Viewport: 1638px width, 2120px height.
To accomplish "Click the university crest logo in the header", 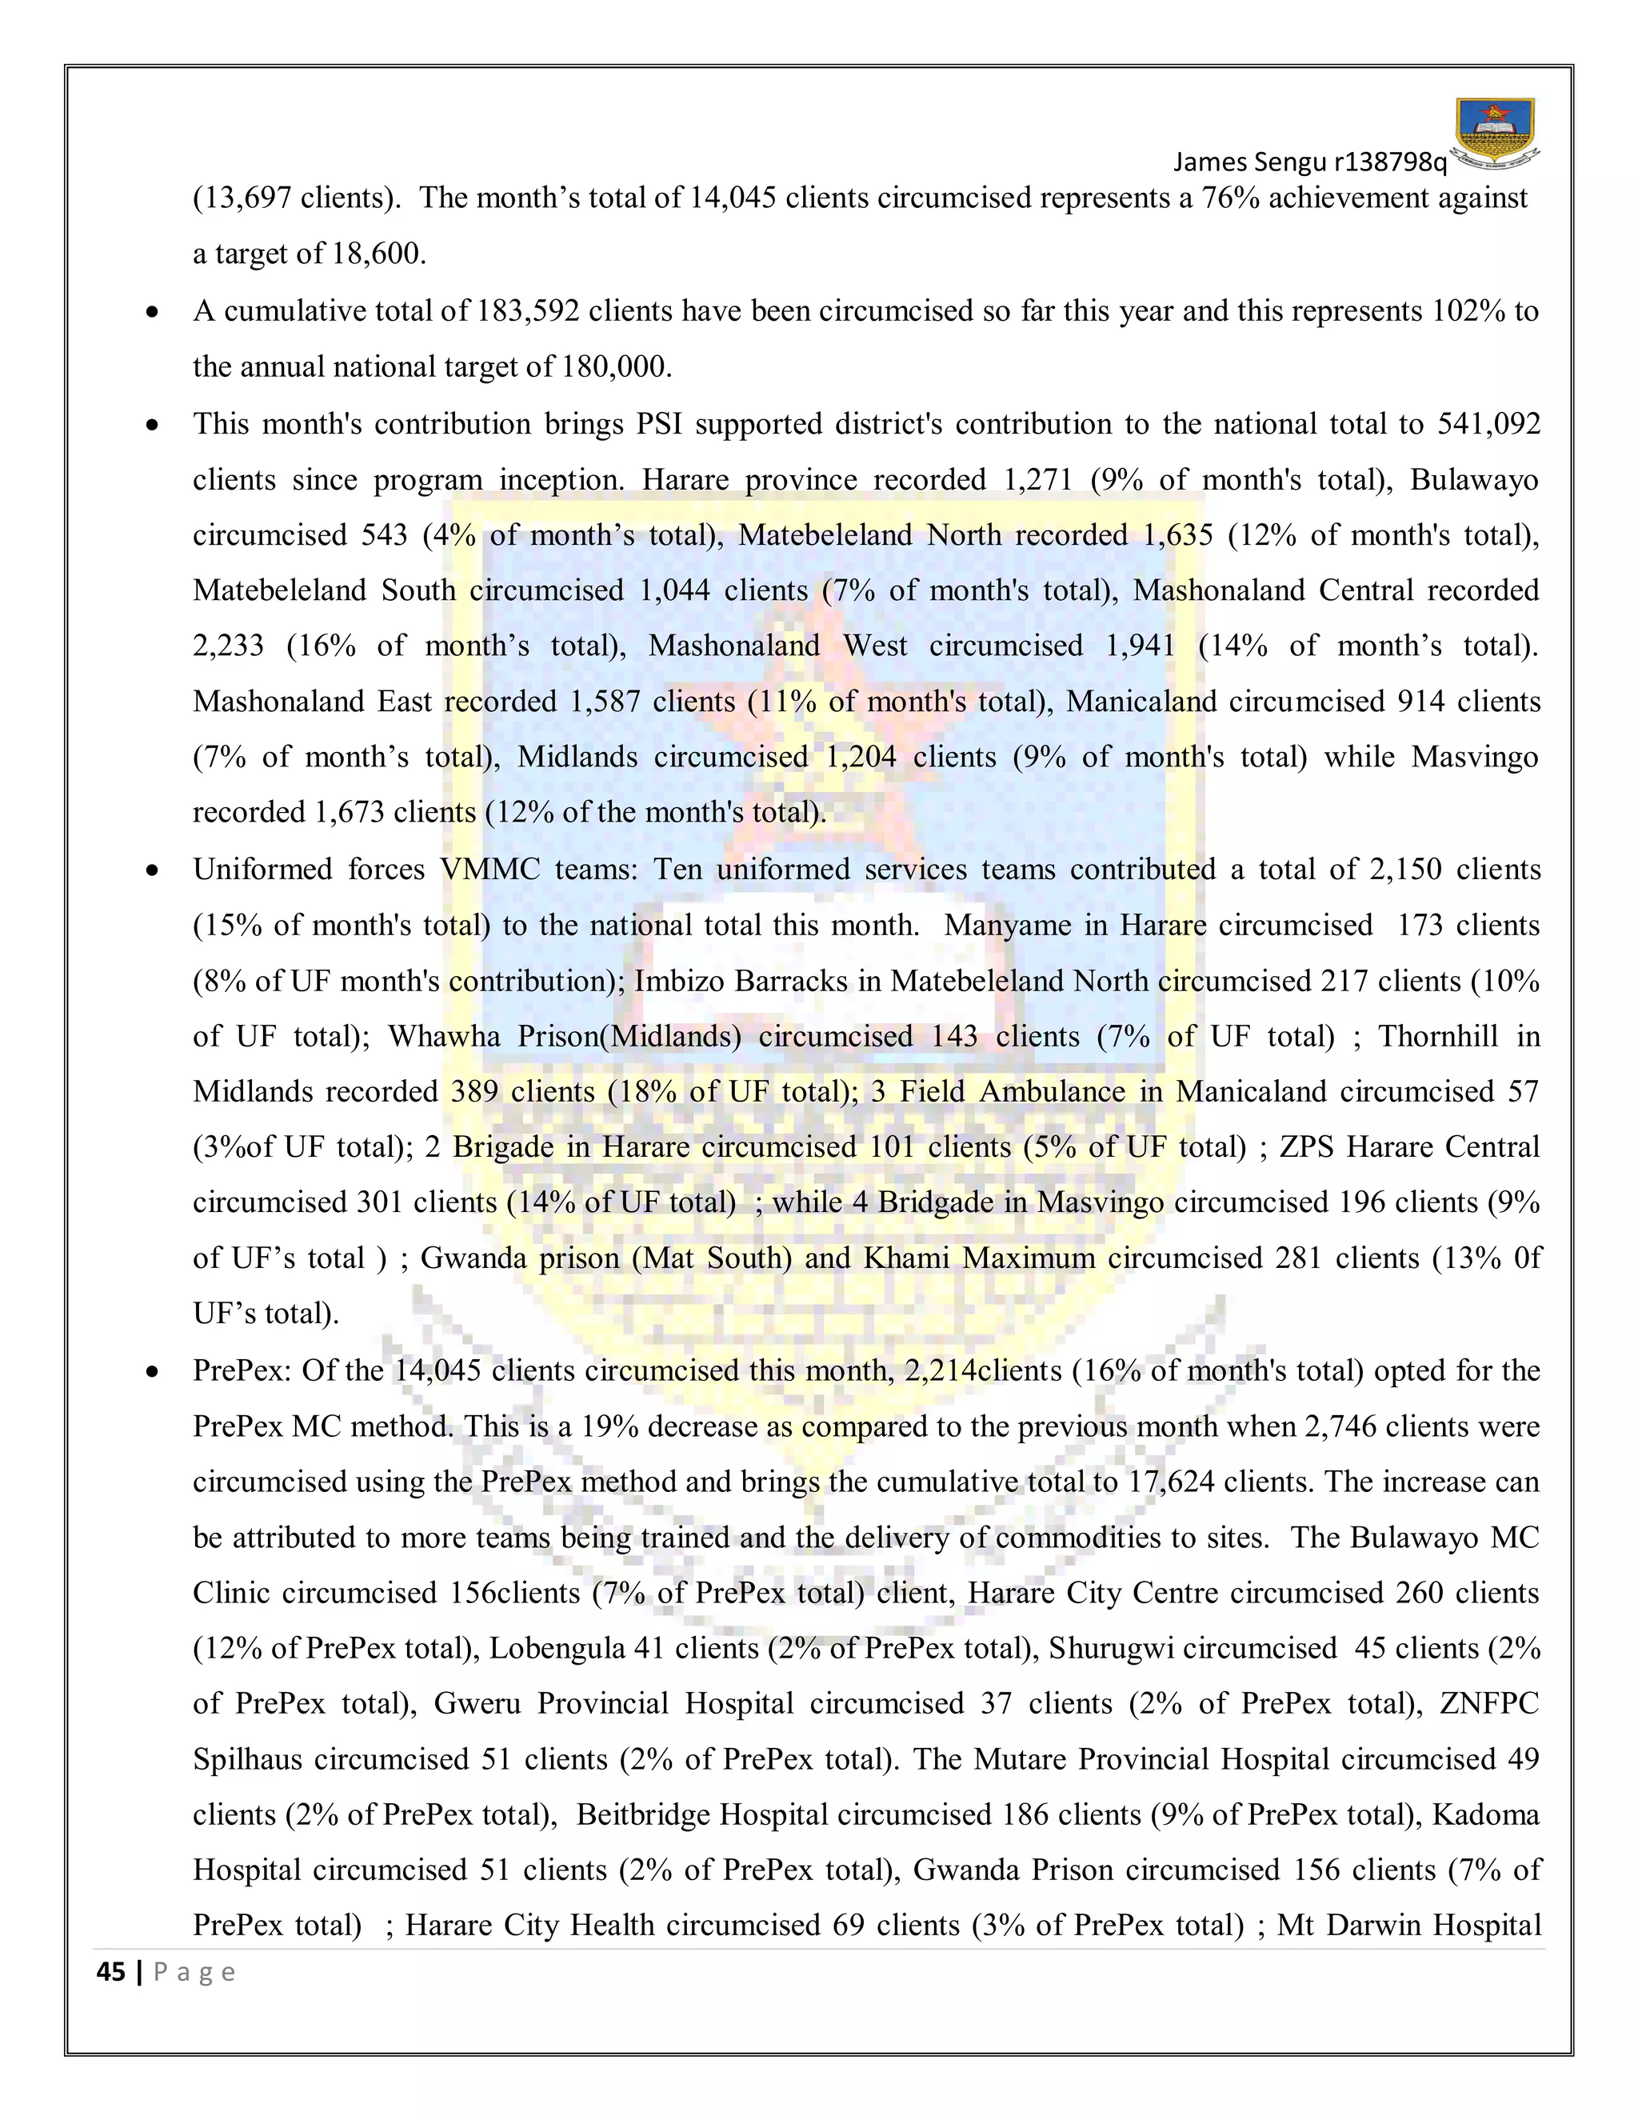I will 1496,133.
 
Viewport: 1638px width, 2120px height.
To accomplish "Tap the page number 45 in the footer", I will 112,1973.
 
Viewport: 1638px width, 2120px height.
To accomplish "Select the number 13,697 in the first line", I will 242,199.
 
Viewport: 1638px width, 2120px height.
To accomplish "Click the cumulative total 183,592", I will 528,310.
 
